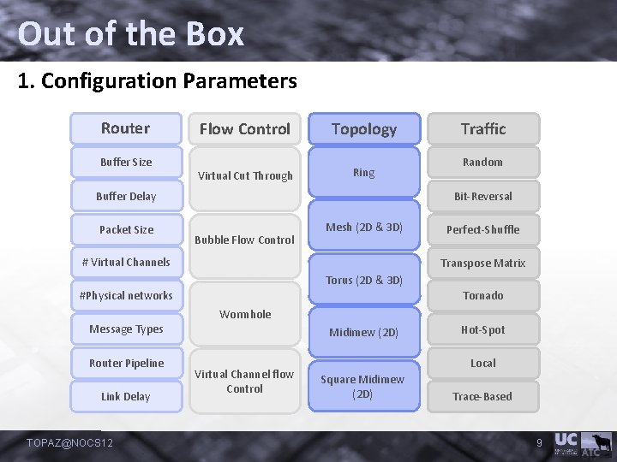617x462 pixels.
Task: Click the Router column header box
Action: tap(126, 128)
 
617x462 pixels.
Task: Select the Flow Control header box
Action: tap(245, 129)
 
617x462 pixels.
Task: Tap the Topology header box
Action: tap(364, 129)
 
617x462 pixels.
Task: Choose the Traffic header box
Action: tap(483, 129)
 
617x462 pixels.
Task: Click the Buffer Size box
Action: tap(126, 162)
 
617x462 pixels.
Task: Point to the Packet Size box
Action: tap(126, 229)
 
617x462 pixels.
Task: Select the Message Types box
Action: tap(126, 329)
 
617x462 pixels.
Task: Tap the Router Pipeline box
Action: tap(126, 363)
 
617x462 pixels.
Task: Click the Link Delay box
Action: tap(126, 396)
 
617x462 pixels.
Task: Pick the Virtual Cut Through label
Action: tap(245, 176)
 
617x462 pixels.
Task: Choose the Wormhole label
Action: tap(245, 314)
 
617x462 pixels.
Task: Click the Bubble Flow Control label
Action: tap(245, 240)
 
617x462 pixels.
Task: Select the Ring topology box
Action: tap(364, 173)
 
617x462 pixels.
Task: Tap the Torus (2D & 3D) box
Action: tap(364, 280)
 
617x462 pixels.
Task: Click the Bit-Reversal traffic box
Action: tap(483, 196)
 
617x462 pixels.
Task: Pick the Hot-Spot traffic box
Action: tap(483, 329)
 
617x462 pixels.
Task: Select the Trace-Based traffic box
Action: tap(483, 396)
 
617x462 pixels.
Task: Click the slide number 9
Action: tap(540, 442)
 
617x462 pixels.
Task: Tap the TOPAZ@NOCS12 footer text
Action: tap(70, 442)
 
